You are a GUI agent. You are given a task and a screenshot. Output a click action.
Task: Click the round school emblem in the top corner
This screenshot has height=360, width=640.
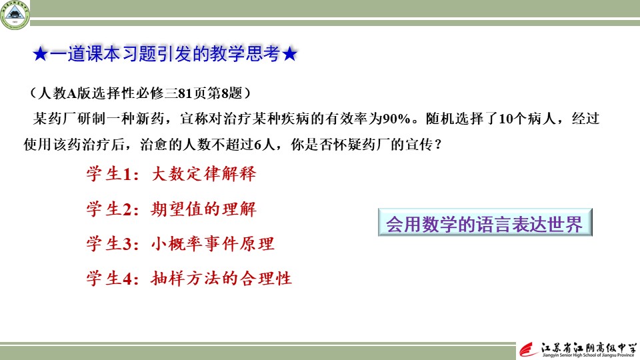[x=15, y=15]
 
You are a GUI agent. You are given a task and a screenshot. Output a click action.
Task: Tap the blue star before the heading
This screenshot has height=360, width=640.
[x=41, y=54]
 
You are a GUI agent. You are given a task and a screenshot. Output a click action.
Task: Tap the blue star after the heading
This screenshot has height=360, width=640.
[x=289, y=54]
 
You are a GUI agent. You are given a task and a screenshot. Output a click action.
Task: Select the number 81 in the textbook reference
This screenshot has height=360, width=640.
[x=185, y=93]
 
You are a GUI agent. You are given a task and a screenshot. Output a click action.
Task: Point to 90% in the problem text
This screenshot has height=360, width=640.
[x=396, y=119]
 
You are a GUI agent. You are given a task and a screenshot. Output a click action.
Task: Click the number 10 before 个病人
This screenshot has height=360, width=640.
[x=506, y=119]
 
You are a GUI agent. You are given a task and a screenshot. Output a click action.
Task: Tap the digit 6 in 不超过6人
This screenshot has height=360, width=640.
[x=257, y=145]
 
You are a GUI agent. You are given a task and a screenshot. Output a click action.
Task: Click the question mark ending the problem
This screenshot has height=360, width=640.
[x=439, y=145]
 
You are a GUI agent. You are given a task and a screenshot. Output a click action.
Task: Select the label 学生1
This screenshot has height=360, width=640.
[x=109, y=174]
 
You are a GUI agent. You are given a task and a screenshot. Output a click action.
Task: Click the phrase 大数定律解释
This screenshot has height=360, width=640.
[x=204, y=174]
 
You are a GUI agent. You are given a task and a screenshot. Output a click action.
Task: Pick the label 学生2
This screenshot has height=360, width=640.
[x=109, y=209]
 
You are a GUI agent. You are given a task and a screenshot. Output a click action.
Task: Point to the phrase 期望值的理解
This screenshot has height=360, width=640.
[x=204, y=209]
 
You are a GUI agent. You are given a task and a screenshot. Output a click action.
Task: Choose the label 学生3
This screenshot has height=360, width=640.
[x=109, y=244]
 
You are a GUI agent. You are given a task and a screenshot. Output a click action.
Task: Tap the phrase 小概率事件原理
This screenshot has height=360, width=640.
[x=213, y=244]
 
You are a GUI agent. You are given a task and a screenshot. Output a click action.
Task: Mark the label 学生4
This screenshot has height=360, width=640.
[x=109, y=279]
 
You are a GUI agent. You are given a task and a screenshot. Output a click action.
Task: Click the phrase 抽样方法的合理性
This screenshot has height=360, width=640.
[x=221, y=279]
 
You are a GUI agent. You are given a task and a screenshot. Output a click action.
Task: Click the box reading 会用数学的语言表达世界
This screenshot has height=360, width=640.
[x=485, y=223]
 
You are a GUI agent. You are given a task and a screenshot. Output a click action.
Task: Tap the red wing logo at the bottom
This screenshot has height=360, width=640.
[x=529, y=350]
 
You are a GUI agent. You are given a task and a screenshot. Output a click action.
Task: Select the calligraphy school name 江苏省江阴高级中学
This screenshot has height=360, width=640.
[x=589, y=348]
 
